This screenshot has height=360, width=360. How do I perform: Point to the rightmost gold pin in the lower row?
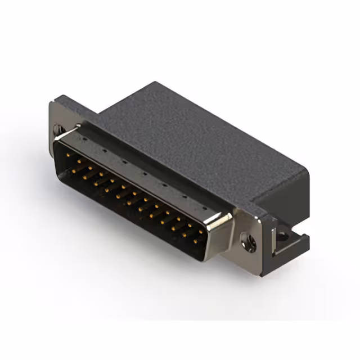click(x=195, y=241)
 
